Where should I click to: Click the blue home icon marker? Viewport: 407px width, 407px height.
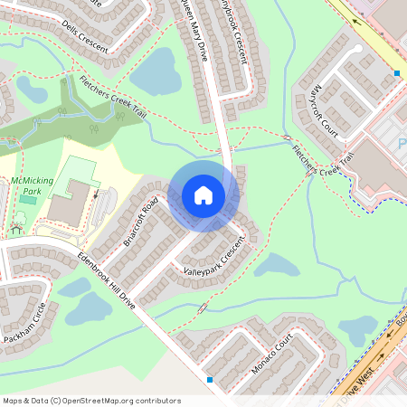(x=203, y=195)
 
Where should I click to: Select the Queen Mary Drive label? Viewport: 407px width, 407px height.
(x=194, y=33)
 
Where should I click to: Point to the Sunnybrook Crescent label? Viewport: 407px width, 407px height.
(x=234, y=31)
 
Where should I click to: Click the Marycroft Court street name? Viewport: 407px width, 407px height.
(x=323, y=107)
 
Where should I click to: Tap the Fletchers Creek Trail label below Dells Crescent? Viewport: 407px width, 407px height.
(x=114, y=100)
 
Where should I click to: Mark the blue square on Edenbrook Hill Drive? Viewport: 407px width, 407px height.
(x=211, y=380)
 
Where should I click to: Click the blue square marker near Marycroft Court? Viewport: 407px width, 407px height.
(x=396, y=72)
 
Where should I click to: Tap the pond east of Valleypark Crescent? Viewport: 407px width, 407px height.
(x=277, y=265)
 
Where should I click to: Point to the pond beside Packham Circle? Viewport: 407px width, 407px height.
(x=89, y=309)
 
